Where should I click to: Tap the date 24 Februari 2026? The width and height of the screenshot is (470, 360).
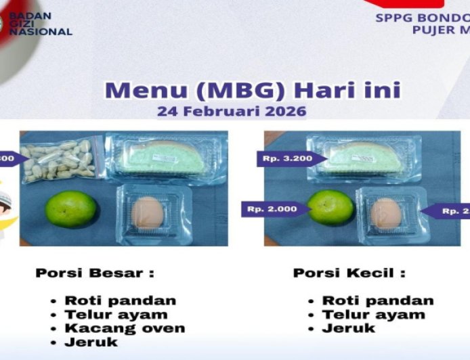(x=232, y=111)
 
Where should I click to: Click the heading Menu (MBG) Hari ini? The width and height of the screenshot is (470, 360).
(x=253, y=90)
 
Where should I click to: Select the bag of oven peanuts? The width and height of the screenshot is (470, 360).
(x=60, y=160)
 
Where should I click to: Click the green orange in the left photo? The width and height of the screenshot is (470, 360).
(x=71, y=209)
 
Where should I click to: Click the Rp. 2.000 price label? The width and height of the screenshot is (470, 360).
(x=272, y=209)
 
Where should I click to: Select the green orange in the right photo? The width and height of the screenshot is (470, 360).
(x=331, y=208)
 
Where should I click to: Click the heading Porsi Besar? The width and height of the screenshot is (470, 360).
(x=95, y=273)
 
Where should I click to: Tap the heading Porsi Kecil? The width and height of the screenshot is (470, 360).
(x=349, y=273)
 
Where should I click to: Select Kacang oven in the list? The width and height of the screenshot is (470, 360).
(x=124, y=328)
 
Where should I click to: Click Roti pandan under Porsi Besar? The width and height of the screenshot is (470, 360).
(x=120, y=300)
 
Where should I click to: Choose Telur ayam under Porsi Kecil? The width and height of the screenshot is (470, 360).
(x=373, y=314)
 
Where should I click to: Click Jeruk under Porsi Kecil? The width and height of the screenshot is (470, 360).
(x=348, y=328)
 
